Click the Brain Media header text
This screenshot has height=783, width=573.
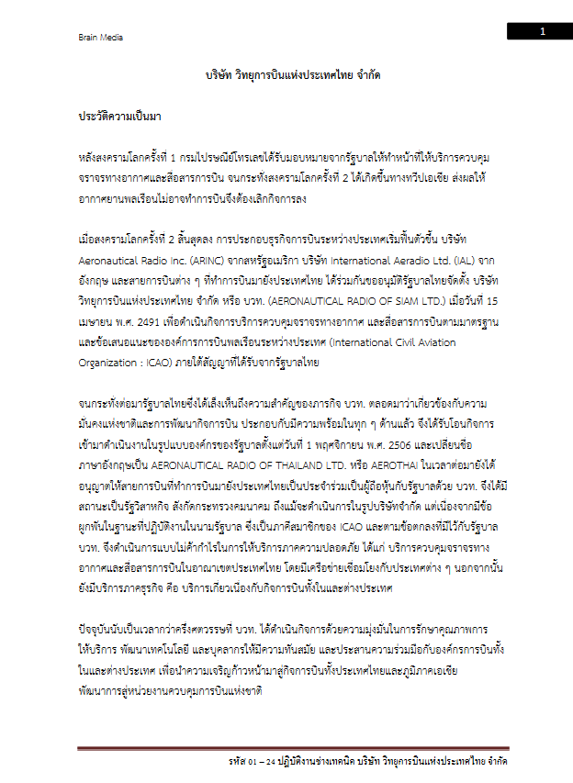100,38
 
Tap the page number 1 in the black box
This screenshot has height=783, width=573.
542,32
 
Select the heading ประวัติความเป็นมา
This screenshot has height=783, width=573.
120,117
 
